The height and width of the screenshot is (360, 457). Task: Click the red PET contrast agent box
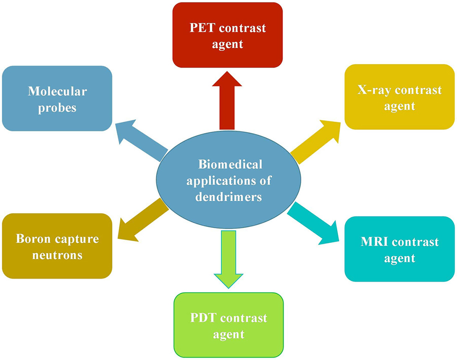tap(227, 35)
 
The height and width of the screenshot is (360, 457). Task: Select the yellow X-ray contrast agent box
tap(399, 97)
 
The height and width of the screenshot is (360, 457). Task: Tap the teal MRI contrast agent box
tap(399, 249)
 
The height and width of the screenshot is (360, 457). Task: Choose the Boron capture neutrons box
tap(57, 247)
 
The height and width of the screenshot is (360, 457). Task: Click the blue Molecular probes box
tap(57, 98)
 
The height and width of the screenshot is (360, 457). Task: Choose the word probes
tap(57, 107)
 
